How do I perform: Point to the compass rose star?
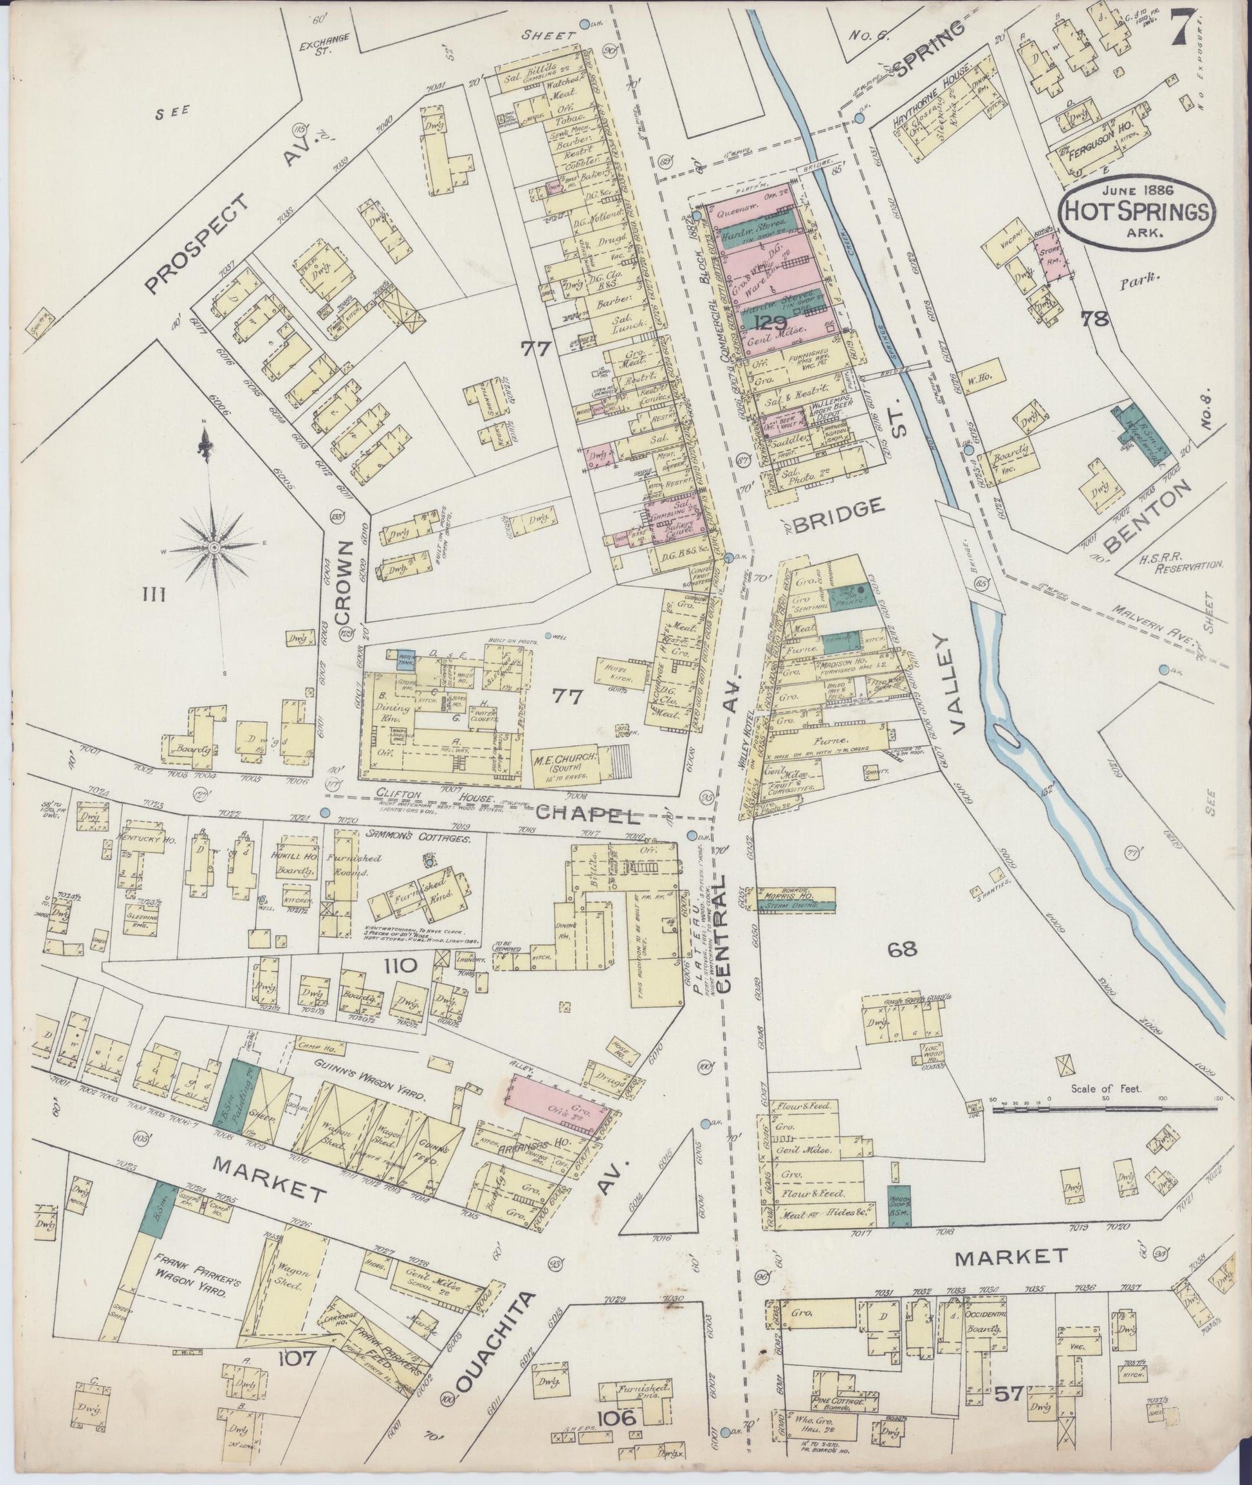coord(213,548)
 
